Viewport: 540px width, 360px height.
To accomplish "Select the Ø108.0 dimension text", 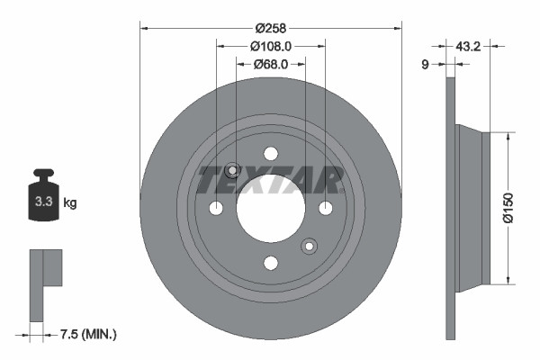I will (x=270, y=45).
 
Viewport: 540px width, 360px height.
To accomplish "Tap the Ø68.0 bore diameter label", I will (x=270, y=64).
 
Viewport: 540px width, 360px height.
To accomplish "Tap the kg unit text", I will (x=70, y=203).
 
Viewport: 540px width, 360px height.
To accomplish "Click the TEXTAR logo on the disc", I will (x=270, y=180).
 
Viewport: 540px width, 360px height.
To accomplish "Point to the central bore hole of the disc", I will (x=270, y=209).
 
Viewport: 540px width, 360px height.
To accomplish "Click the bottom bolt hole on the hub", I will (x=270, y=263).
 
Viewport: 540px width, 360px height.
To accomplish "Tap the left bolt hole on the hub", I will (x=216, y=209).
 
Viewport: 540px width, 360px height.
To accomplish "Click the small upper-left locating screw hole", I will (x=232, y=170).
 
